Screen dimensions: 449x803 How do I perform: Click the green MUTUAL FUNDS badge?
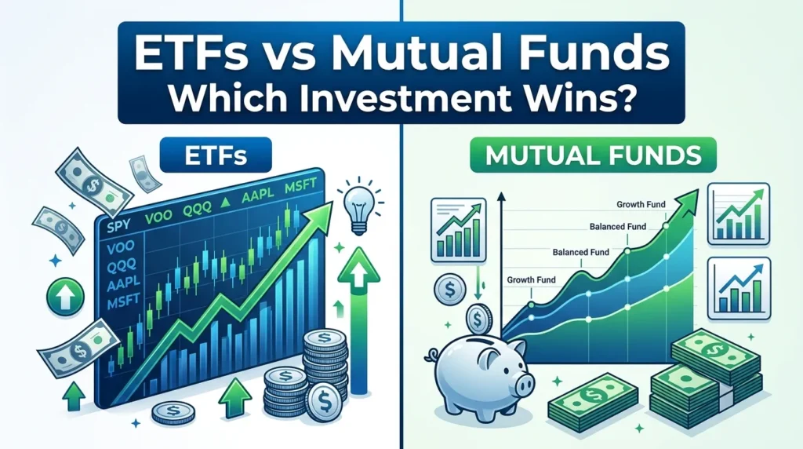pos(593,155)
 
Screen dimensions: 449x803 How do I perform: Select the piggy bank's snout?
pos(525,383)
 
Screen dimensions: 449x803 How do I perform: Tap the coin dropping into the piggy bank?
pos(477,319)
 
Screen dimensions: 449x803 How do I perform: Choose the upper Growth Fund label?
pos(640,206)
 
